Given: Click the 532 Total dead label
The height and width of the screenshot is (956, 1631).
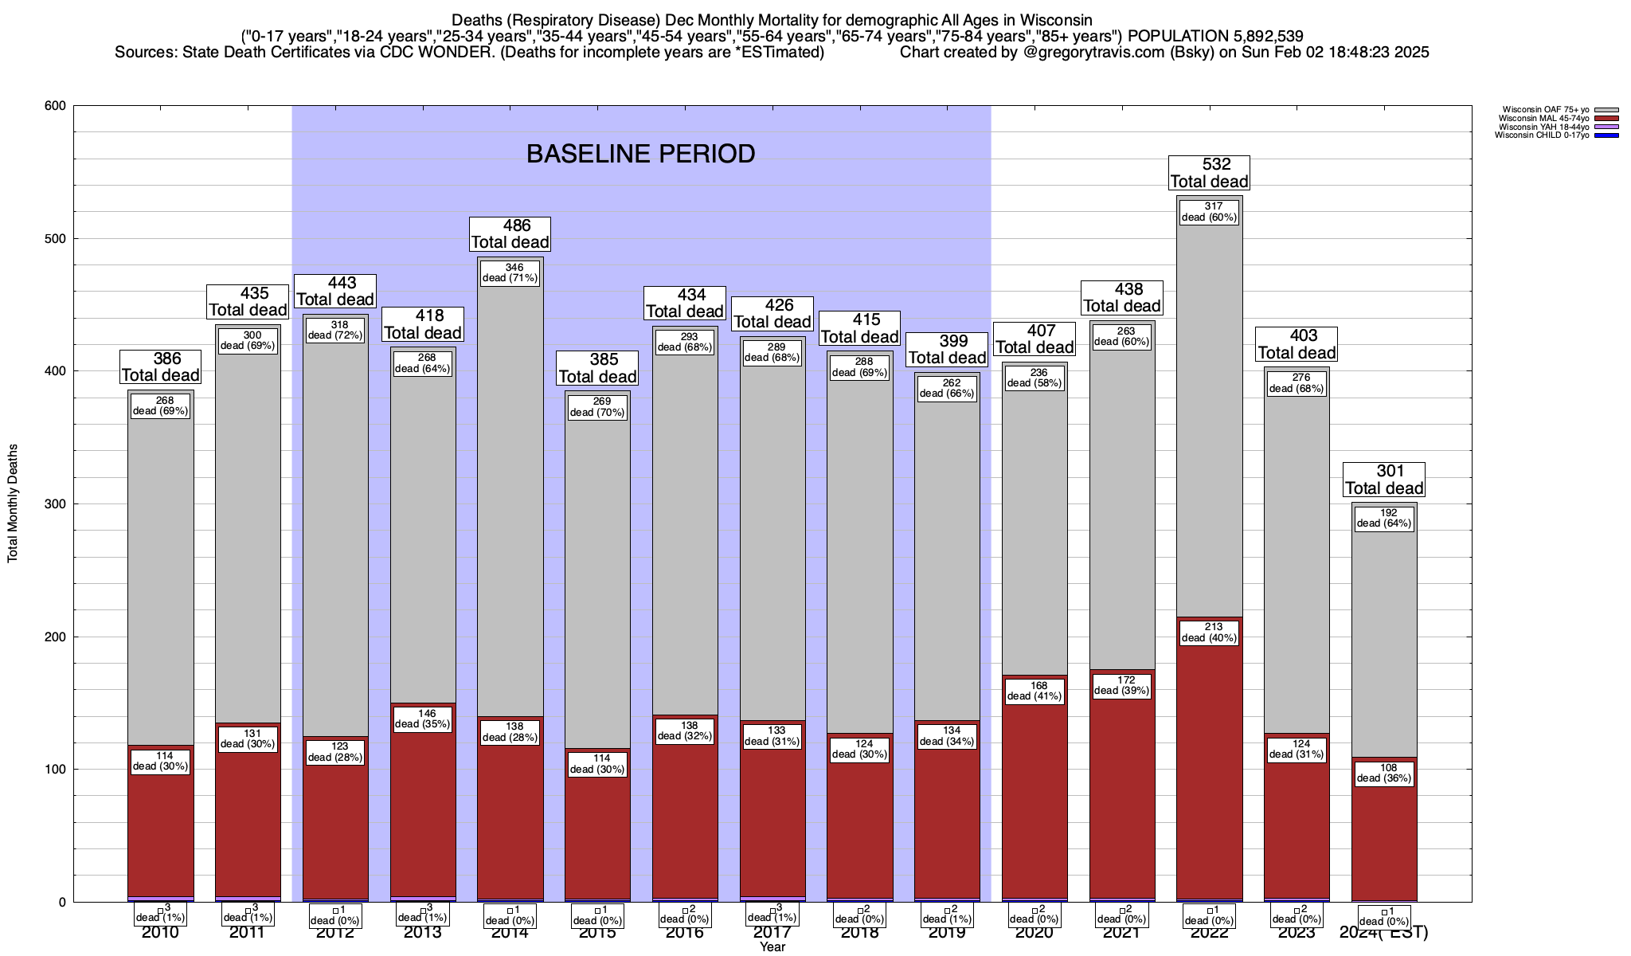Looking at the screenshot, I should click(1209, 173).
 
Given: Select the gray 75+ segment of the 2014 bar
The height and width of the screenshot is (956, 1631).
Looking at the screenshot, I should click(510, 494).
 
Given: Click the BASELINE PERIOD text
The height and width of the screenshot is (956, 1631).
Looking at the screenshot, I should click(640, 154).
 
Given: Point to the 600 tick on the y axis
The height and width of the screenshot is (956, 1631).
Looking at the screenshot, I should click(56, 106).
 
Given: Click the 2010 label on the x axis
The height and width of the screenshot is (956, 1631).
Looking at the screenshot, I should click(160, 932).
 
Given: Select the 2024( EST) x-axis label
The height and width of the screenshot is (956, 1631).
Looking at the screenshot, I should click(1384, 932).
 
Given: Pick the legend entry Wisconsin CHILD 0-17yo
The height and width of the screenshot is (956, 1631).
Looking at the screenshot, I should click(1542, 135).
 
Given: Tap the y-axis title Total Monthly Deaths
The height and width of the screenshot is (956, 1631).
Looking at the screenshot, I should click(13, 503).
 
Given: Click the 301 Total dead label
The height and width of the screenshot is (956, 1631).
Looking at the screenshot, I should click(1384, 480).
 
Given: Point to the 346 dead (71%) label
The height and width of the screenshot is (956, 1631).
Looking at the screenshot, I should click(510, 272).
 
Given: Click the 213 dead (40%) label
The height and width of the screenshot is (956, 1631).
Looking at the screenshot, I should click(1209, 633).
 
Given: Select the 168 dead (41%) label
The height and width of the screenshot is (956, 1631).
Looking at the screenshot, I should click(1035, 691).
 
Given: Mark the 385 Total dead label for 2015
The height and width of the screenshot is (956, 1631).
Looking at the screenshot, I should click(597, 368).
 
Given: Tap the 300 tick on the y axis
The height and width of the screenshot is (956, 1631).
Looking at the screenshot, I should click(56, 504).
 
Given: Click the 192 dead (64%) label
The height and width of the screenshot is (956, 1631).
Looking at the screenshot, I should click(1384, 519).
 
